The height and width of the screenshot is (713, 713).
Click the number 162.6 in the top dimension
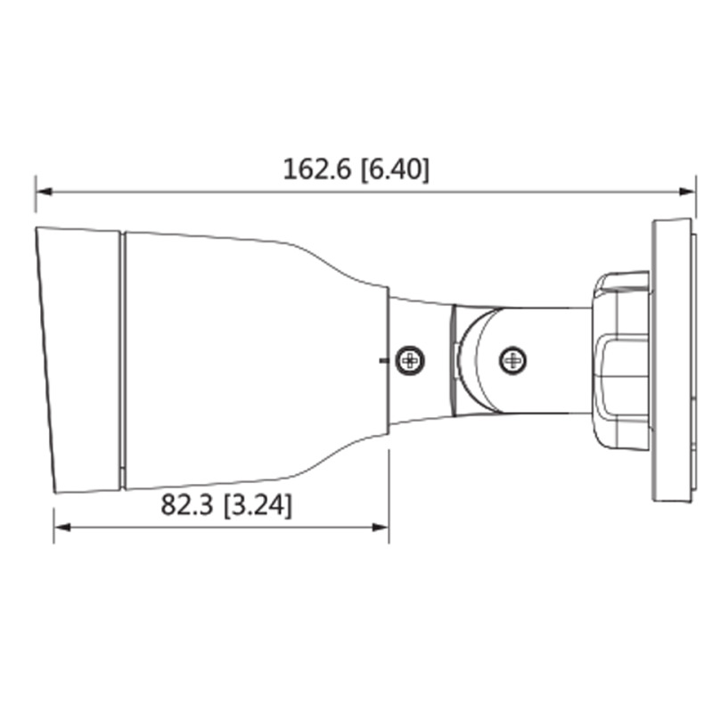click(x=318, y=169)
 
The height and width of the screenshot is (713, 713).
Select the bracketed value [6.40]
click(x=394, y=169)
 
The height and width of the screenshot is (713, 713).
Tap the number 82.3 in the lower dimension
click(x=186, y=505)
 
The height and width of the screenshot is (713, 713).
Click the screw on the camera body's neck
click(x=410, y=361)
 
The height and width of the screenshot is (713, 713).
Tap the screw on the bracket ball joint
click(x=512, y=361)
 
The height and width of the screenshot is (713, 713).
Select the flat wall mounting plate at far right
click(x=673, y=361)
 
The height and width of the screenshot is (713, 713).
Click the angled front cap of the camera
click(x=78, y=361)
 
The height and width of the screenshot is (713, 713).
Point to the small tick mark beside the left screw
click(x=382, y=361)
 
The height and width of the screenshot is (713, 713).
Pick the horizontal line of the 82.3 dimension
click(x=223, y=528)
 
